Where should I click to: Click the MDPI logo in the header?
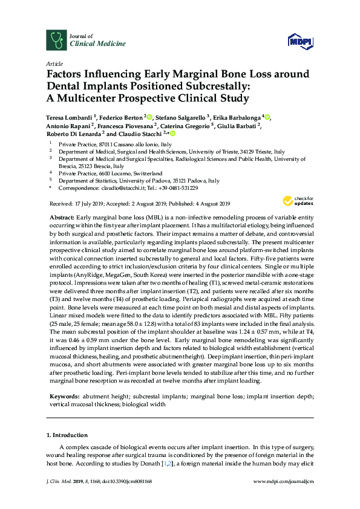[300, 41]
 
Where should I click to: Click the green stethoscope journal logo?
[56, 40]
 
